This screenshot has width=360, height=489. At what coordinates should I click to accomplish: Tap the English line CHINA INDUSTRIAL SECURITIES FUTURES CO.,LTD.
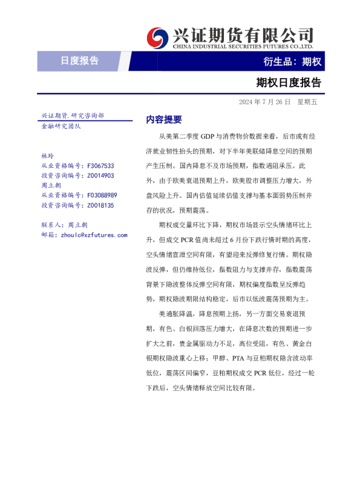[x=243, y=47]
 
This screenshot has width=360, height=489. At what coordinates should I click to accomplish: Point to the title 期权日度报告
[x=289, y=82]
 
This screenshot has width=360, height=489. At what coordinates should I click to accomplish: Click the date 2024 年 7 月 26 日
[x=264, y=101]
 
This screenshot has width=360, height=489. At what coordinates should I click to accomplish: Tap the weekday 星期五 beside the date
[x=307, y=101]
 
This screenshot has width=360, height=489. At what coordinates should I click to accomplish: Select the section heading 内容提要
[x=164, y=119]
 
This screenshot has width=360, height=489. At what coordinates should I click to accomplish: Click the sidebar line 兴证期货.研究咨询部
[x=73, y=115]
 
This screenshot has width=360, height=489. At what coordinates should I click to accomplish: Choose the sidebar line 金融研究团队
[x=61, y=126]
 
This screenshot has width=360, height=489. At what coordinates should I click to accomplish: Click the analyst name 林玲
[x=47, y=156]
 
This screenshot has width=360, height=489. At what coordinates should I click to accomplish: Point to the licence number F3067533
[x=100, y=165]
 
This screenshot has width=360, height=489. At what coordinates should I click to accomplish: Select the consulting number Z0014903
[x=100, y=176]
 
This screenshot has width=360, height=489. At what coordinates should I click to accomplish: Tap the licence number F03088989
[x=102, y=195]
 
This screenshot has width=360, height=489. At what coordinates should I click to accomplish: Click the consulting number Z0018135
[x=100, y=205]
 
